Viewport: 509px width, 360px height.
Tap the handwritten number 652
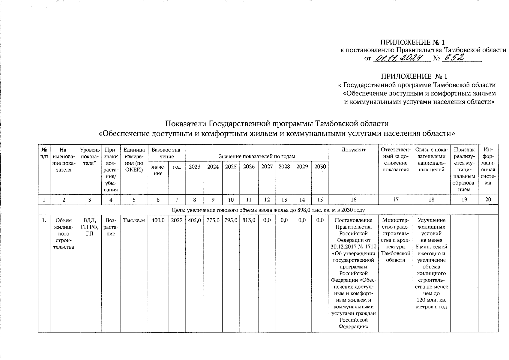coord(454,58)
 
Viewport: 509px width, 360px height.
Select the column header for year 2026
coord(249,167)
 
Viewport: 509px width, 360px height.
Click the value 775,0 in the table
coord(213,220)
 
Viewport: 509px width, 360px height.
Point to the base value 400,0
coord(158,220)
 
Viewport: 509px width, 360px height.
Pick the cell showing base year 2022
coord(177,220)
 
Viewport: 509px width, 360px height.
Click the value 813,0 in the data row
coord(249,220)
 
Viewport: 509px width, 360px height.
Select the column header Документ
coord(353,150)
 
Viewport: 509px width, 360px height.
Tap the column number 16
coord(353,199)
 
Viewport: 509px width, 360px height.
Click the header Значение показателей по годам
coord(257,156)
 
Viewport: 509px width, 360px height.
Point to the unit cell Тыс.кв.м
coord(134,220)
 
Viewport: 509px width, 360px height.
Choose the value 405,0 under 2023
coord(194,220)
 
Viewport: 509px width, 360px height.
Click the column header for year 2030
coord(320,167)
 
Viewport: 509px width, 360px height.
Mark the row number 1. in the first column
coord(44,220)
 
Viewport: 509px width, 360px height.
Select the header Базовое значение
coord(167,153)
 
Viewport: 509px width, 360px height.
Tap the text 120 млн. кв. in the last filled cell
coord(431,300)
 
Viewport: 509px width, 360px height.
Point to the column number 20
coord(488,199)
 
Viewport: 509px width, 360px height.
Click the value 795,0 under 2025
coord(231,220)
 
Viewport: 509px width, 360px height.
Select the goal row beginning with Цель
coord(268,210)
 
